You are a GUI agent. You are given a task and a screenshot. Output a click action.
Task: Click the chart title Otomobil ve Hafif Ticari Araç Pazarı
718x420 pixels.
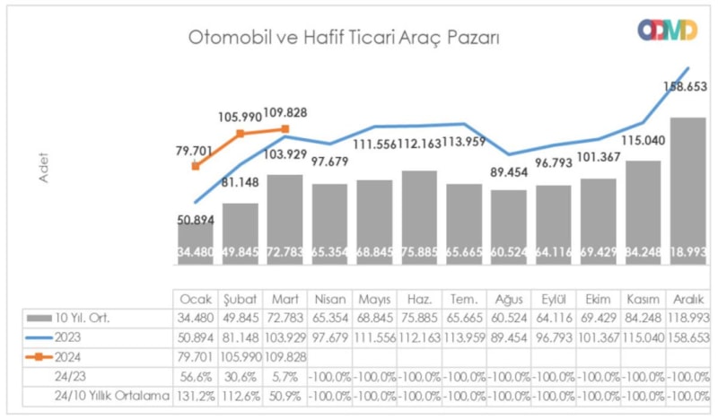tap(343, 38)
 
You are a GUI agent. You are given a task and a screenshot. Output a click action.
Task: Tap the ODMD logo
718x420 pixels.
tap(667, 30)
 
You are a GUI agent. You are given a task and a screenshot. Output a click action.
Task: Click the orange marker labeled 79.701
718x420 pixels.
tap(196, 166)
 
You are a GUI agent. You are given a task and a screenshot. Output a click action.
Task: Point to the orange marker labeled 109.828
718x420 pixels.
tap(285, 129)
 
